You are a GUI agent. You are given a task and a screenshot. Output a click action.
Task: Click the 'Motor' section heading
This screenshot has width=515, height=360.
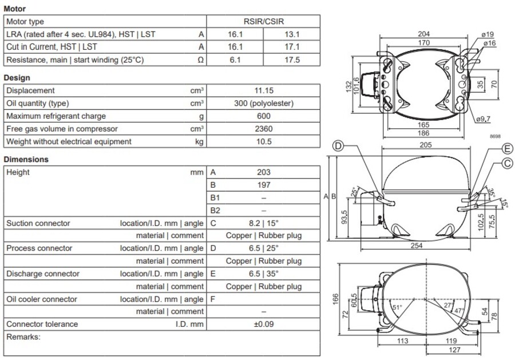click(x=14, y=9)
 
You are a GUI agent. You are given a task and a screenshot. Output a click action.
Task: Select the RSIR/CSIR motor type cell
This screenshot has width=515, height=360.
click(x=263, y=22)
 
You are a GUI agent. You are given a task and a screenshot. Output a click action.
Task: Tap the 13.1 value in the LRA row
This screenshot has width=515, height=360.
click(x=291, y=34)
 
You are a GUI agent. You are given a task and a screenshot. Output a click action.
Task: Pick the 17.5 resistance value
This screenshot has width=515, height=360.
click(x=291, y=60)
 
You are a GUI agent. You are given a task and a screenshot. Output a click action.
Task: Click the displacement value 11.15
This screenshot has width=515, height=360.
click(x=263, y=90)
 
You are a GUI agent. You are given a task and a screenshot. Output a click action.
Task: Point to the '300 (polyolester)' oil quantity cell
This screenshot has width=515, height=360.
click(x=263, y=103)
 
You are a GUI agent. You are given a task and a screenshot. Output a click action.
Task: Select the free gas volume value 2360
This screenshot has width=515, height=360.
click(x=263, y=128)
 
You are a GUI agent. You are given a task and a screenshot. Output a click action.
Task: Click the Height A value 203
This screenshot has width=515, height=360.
click(x=263, y=172)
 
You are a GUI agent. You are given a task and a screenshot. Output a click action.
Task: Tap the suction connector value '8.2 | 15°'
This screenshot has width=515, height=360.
click(x=263, y=223)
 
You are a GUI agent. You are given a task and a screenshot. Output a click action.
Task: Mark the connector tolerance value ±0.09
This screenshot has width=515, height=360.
click(x=263, y=324)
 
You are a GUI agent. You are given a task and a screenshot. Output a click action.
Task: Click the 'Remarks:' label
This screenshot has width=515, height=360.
click(x=23, y=337)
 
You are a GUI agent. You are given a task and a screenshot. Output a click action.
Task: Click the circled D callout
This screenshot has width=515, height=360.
click(x=339, y=147)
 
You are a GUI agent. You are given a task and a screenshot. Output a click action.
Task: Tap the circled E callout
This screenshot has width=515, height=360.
click(x=507, y=149)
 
